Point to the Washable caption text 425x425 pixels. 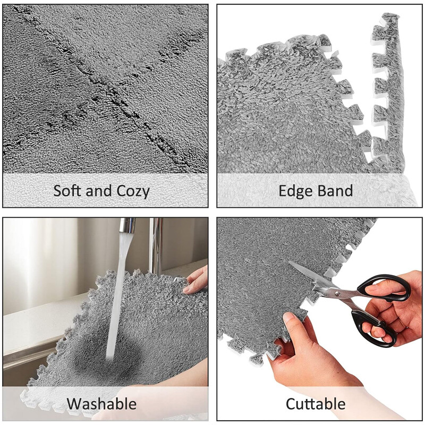click(x=101, y=403)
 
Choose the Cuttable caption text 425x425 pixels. click(x=315, y=403)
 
